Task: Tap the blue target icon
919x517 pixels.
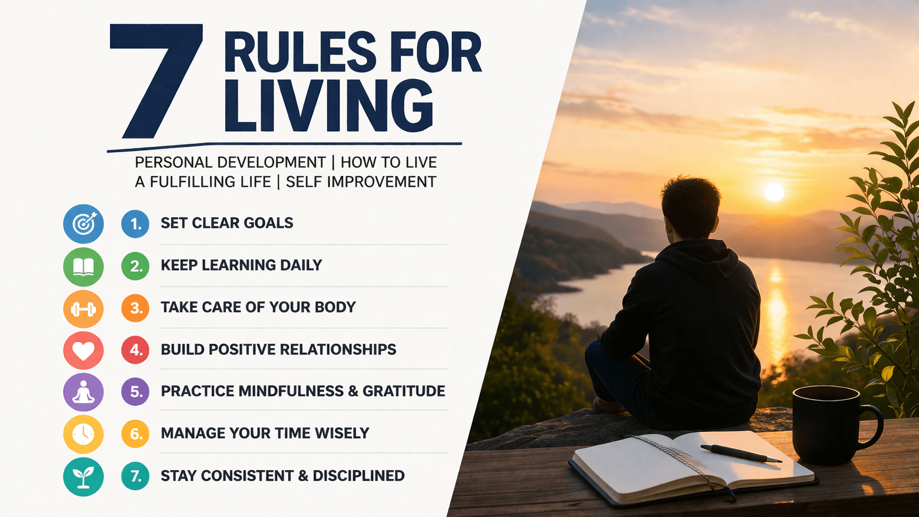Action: coord(84,224)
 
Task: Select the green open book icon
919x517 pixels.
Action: coord(84,267)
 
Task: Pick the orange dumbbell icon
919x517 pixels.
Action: coord(84,309)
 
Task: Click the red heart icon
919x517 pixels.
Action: coord(84,350)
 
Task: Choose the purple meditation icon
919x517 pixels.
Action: coord(84,392)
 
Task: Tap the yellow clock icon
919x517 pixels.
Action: coord(84,435)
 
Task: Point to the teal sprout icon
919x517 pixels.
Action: coord(84,477)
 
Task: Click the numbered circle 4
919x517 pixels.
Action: coord(135,350)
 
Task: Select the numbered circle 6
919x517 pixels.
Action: coord(135,434)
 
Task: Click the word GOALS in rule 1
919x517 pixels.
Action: coord(268,223)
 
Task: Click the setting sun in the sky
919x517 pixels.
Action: coord(774,192)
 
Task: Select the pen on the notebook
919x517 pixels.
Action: coord(740,453)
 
